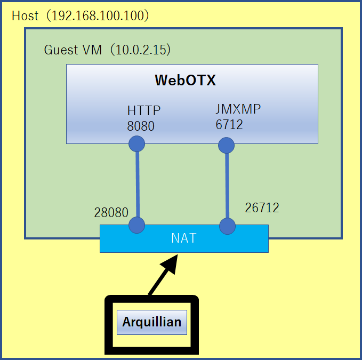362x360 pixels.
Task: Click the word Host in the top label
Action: (25, 15)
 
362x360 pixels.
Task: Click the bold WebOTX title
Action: (185, 80)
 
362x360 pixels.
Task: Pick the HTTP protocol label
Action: (143, 110)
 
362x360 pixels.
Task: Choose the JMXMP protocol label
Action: (238, 109)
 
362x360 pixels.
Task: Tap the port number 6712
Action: (229, 124)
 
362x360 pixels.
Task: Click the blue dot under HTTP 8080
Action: (137, 143)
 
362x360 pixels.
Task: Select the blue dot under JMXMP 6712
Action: (227, 145)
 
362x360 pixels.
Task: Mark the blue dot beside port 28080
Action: (137, 225)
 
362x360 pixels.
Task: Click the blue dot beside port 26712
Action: (227, 226)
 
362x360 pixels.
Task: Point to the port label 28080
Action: (111, 212)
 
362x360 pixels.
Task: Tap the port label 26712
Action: (262, 207)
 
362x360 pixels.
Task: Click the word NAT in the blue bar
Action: (183, 238)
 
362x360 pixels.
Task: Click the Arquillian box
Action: (152, 322)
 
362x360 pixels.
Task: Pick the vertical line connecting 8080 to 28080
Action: (137, 184)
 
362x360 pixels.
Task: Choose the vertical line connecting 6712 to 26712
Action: (227, 186)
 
